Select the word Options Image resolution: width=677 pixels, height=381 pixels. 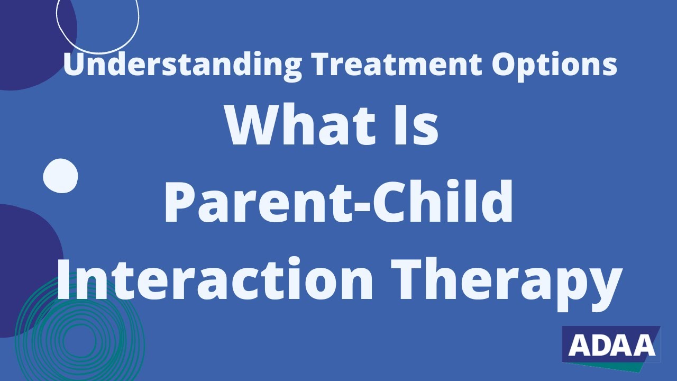(x=554, y=65)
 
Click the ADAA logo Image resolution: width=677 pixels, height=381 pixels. (x=611, y=345)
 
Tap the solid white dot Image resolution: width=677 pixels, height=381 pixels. (x=60, y=176)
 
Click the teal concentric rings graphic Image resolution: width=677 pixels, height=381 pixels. (x=79, y=333)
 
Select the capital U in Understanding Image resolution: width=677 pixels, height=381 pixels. (x=74, y=65)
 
